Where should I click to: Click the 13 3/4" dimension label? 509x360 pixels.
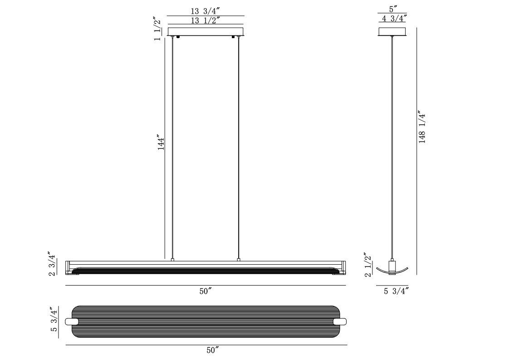(x=205, y=11)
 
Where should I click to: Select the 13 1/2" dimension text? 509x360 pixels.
(x=205, y=20)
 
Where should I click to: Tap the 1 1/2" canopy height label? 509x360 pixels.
(x=157, y=29)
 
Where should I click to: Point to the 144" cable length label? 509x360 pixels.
(x=162, y=142)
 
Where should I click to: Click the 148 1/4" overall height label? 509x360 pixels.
(x=422, y=128)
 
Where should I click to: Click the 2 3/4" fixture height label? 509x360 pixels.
(x=52, y=263)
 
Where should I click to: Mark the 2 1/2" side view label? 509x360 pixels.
(x=367, y=265)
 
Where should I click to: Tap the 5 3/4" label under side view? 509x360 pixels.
(x=396, y=291)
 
